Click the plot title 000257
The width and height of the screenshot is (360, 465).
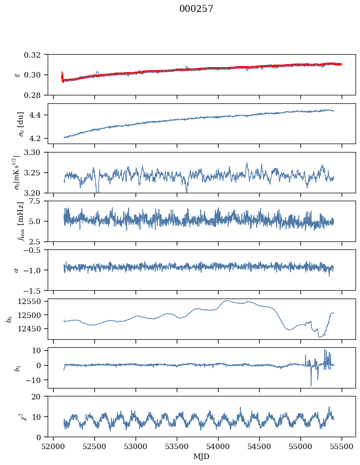[x=196, y=9]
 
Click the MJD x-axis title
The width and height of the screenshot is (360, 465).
[x=201, y=457]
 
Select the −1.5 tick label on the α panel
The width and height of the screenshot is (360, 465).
[x=34, y=290]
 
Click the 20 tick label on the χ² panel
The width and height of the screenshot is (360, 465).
[x=36, y=397]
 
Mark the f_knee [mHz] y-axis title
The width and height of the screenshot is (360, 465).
[x=21, y=222]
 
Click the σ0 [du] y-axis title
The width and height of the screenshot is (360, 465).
[x=21, y=124]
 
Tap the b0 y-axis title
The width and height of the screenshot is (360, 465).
[x=10, y=319]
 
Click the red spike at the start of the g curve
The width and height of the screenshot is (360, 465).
[x=62, y=77]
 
